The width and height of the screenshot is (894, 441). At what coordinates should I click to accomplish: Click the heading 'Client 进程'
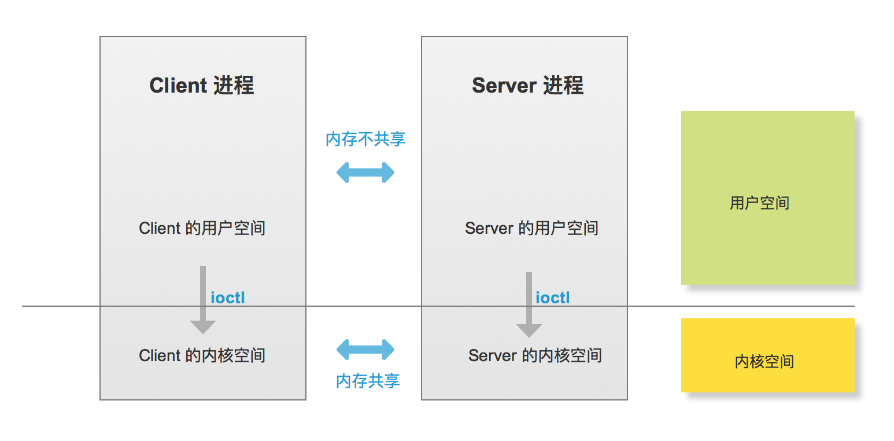pyautogui.click(x=202, y=86)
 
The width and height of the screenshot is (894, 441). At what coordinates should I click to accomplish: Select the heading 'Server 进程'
pyautogui.click(x=527, y=86)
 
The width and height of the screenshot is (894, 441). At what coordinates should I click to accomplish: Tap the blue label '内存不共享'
pyautogui.click(x=365, y=139)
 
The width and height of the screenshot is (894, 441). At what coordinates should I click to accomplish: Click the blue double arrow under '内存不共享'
pyautogui.click(x=365, y=172)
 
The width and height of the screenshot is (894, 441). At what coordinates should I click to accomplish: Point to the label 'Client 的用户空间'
pyautogui.click(x=202, y=228)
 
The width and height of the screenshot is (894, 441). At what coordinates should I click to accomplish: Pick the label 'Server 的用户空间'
pyautogui.click(x=531, y=228)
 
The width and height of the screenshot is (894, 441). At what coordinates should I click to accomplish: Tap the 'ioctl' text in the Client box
pyautogui.click(x=228, y=297)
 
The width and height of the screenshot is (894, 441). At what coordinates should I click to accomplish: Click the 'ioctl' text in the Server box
pyautogui.click(x=553, y=297)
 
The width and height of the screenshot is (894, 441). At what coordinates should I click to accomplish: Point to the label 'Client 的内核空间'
pyautogui.click(x=202, y=355)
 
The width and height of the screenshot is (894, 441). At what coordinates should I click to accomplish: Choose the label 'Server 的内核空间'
pyautogui.click(x=535, y=355)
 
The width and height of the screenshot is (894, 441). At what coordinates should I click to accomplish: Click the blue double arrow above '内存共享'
pyautogui.click(x=365, y=350)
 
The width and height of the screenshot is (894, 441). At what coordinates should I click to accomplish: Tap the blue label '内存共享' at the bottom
pyautogui.click(x=368, y=381)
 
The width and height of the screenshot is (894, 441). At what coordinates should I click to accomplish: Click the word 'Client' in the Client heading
pyautogui.click(x=178, y=86)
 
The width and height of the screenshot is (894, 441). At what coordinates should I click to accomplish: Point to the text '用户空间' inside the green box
pyautogui.click(x=759, y=203)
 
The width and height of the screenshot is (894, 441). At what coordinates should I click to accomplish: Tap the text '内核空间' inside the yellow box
pyautogui.click(x=764, y=362)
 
